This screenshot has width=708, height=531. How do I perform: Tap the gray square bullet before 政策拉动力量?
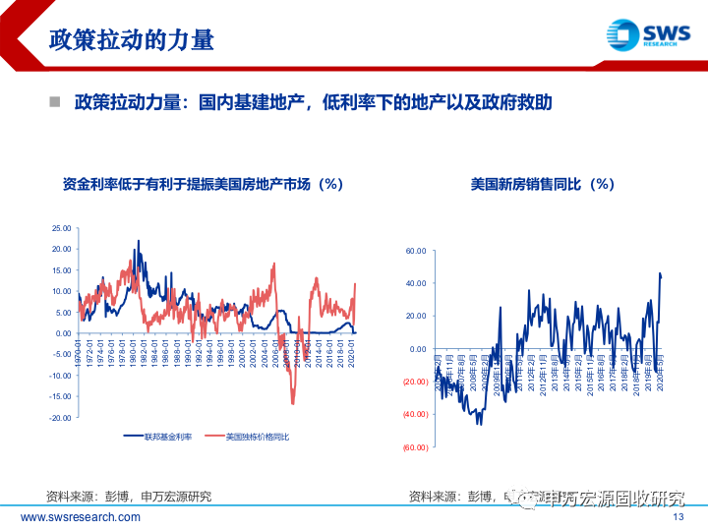tap(55, 102)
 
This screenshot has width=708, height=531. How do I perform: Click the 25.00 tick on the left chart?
tap(61, 228)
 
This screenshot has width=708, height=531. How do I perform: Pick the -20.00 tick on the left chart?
tap(61, 418)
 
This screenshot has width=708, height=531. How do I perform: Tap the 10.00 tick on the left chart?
tap(61, 291)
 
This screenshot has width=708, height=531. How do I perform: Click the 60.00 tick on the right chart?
tap(416, 251)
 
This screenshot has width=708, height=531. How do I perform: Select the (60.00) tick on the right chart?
tap(414, 447)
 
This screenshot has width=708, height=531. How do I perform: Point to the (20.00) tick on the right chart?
tap(414, 382)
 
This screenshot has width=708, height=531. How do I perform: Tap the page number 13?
tap(678, 517)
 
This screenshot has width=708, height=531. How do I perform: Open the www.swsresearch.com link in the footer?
tap(81, 517)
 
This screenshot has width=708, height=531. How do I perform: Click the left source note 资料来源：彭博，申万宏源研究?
tap(129, 496)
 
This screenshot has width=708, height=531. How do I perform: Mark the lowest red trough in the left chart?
tap(292, 402)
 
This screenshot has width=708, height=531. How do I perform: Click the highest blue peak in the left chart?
tap(139, 241)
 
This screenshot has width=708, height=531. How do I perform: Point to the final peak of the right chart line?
tap(660, 273)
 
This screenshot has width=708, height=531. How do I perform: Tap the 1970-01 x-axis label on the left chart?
tap(78, 350)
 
